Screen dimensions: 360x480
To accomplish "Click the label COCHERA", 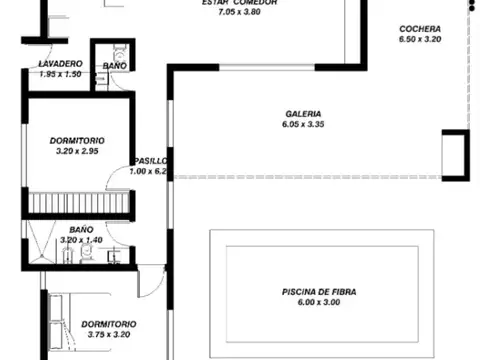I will (418, 29).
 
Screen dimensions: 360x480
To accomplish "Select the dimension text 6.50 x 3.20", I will (418, 39).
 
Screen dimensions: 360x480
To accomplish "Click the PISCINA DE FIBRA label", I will (320, 291).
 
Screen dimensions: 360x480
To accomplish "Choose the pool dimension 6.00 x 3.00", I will (320, 301).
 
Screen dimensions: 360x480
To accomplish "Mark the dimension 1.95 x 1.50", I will (60, 75).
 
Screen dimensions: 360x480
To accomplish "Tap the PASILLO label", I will (150, 161).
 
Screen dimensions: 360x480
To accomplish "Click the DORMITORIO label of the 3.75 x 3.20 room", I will (109, 324).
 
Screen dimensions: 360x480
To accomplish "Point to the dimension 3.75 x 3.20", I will (109, 335).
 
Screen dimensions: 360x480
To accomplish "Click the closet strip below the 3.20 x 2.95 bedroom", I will (79, 204).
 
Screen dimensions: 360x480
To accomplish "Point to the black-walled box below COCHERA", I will (455, 155).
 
